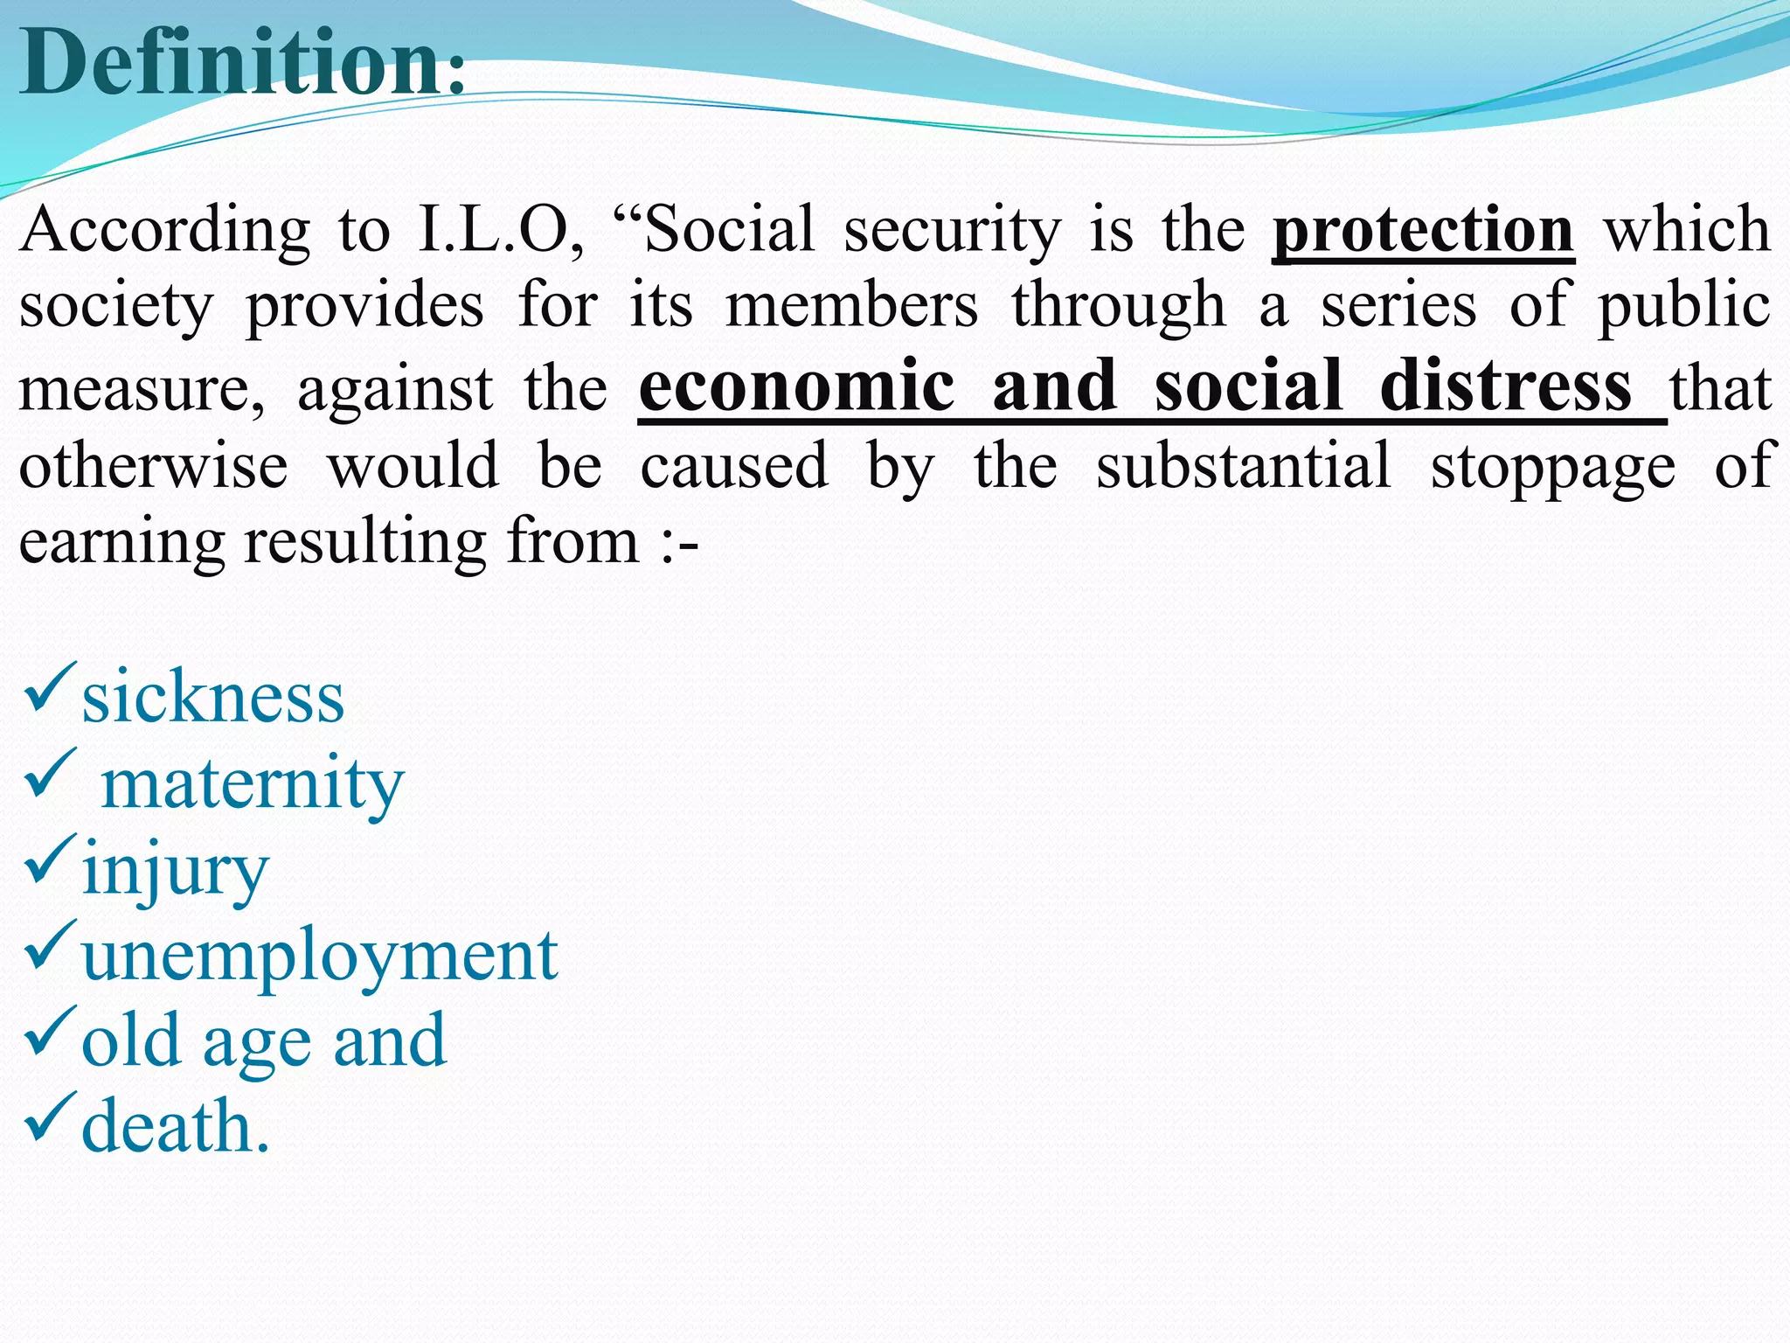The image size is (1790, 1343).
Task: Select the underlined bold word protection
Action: pos(1423,230)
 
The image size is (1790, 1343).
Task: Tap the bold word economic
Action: pos(796,386)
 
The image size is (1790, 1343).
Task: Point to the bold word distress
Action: pos(1505,386)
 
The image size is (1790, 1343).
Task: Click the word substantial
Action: pos(1243,465)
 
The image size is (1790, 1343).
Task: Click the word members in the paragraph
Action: pos(852,306)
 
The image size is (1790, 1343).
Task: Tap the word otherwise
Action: pos(154,465)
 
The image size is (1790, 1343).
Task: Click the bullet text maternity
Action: pos(253,783)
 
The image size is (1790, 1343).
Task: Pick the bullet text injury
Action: pos(175,871)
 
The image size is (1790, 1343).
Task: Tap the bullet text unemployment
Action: pos(320,957)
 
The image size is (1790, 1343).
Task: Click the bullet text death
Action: pos(176,1127)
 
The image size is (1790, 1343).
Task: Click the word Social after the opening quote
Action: pos(730,230)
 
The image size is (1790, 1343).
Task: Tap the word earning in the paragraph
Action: pos(122,544)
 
